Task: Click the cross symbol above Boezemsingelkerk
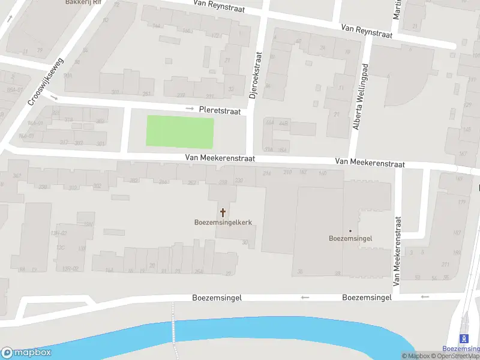(x=223, y=212)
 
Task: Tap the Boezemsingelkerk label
(x=223, y=222)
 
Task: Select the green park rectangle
(x=180, y=132)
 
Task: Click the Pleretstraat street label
(x=220, y=111)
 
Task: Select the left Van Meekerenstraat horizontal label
(x=220, y=158)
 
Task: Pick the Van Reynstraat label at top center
(x=220, y=5)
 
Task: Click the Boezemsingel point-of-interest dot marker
(x=350, y=230)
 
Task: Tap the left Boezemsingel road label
(x=217, y=298)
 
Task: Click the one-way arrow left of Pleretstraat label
(x=190, y=109)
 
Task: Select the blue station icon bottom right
(x=463, y=338)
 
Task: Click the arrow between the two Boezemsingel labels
(x=304, y=297)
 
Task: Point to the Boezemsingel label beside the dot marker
(x=350, y=238)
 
